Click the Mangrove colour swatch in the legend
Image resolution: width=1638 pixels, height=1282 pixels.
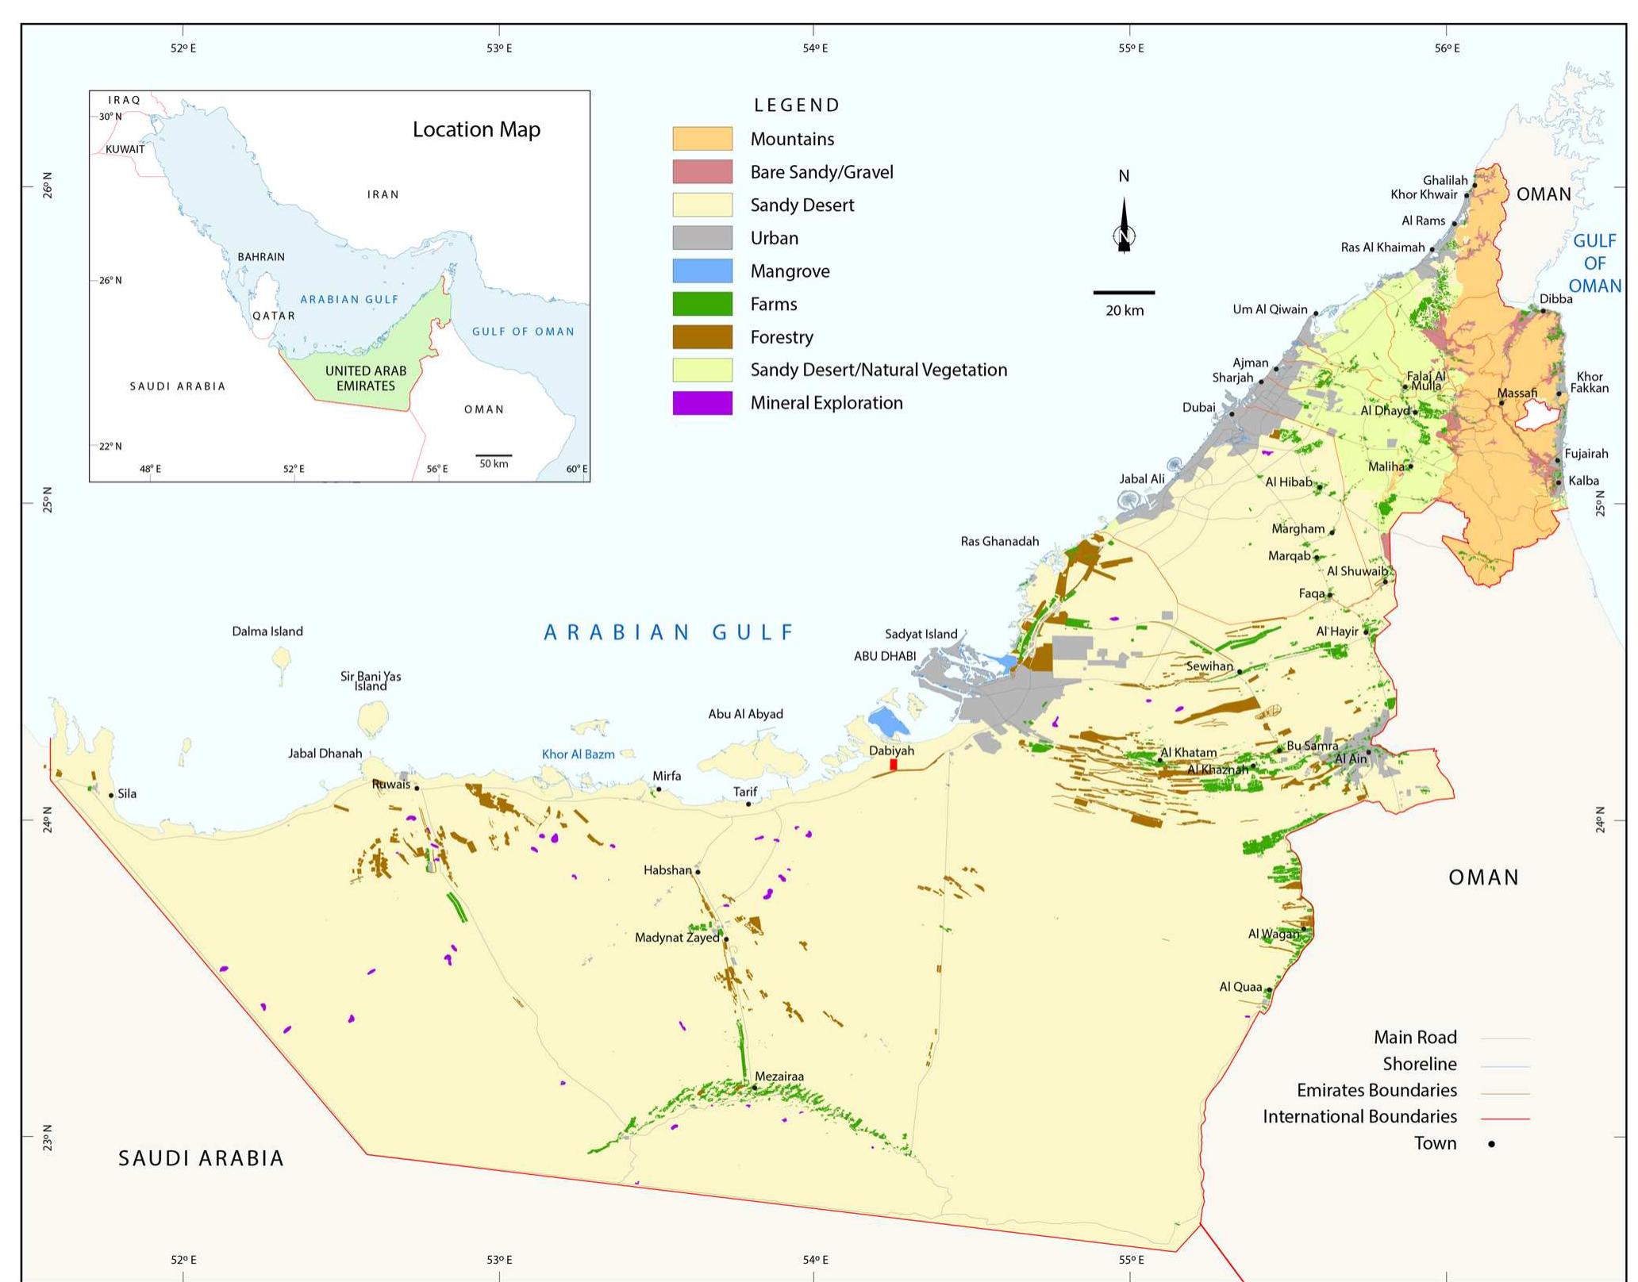tap(702, 271)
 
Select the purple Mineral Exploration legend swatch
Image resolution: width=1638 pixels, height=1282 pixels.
tap(702, 403)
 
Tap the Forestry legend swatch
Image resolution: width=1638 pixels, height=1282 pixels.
tap(702, 337)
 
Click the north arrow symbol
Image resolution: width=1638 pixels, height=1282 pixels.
tap(1124, 226)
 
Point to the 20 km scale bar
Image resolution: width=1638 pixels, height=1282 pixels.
tap(1124, 293)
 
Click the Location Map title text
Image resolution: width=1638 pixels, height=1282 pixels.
tap(476, 129)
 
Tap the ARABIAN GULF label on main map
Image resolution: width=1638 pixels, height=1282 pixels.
tap(668, 632)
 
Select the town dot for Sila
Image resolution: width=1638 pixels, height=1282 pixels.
tap(111, 795)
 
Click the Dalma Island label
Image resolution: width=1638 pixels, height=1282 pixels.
tap(267, 631)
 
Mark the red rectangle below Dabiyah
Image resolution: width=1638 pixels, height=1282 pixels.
tap(894, 765)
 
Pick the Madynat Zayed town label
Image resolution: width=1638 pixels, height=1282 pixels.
tap(677, 938)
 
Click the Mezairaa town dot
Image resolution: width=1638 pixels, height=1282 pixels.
tap(755, 1087)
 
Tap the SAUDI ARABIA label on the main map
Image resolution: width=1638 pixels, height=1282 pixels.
tap(201, 1158)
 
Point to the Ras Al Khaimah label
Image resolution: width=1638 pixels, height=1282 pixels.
tap(1382, 248)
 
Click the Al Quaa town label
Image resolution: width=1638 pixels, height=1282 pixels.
tap(1240, 987)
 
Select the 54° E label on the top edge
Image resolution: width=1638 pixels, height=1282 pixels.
tap(815, 48)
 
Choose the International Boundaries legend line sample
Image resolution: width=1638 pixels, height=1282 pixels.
tap(1505, 1119)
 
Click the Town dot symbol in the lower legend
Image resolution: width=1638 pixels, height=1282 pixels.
tap(1491, 1144)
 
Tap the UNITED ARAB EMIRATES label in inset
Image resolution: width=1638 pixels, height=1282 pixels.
tap(365, 378)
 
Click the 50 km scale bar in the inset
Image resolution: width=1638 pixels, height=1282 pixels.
tap(494, 455)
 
